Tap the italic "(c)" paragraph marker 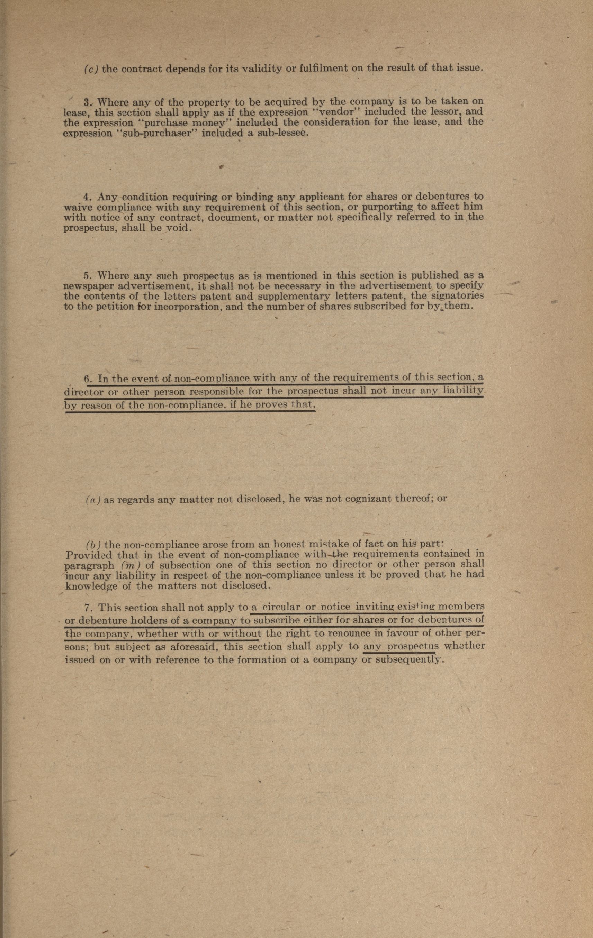tap(91, 69)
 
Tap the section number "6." tap(88, 379)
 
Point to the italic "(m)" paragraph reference tap(128, 564)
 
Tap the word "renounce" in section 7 tap(336, 634)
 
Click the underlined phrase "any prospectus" tap(401, 646)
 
